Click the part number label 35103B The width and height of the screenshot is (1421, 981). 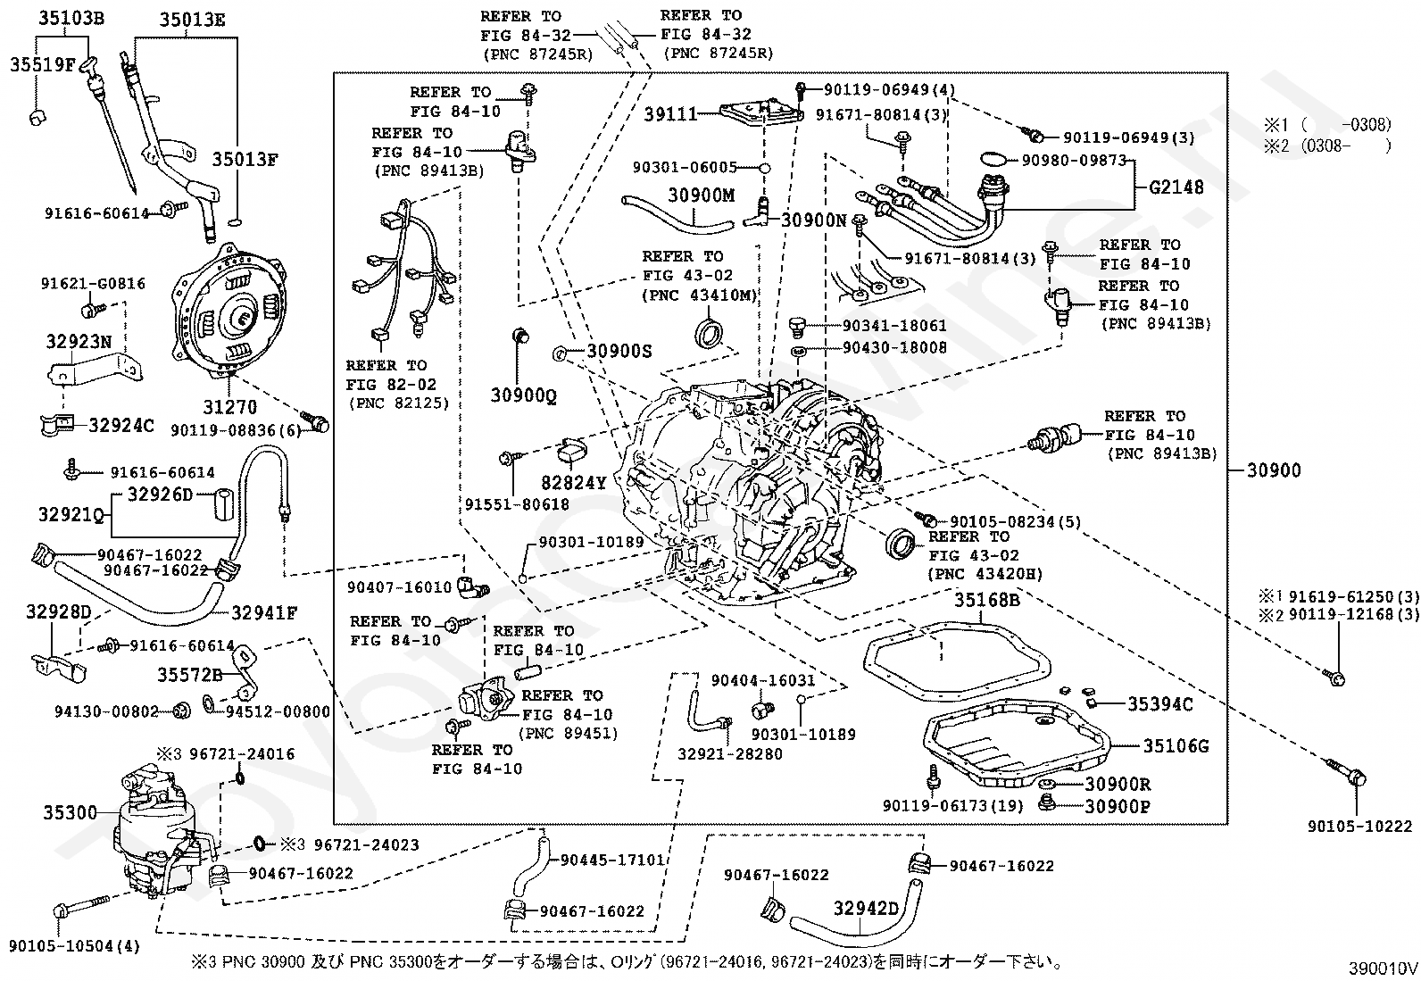[x=71, y=18]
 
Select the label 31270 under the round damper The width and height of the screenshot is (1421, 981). [x=229, y=407]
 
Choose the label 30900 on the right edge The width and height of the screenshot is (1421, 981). [x=1274, y=470]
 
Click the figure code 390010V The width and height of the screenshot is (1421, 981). [x=1383, y=969]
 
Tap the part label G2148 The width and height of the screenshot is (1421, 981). [x=1176, y=187]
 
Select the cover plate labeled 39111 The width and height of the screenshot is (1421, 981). [x=761, y=114]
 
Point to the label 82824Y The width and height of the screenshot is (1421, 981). [x=573, y=483]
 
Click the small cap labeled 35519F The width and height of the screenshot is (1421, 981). [x=38, y=117]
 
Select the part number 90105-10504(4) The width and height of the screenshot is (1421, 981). [x=74, y=946]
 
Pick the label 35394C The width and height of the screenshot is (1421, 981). [x=1160, y=703]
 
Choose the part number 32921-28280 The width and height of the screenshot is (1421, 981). [x=730, y=754]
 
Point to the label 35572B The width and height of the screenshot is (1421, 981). [x=190, y=675]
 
